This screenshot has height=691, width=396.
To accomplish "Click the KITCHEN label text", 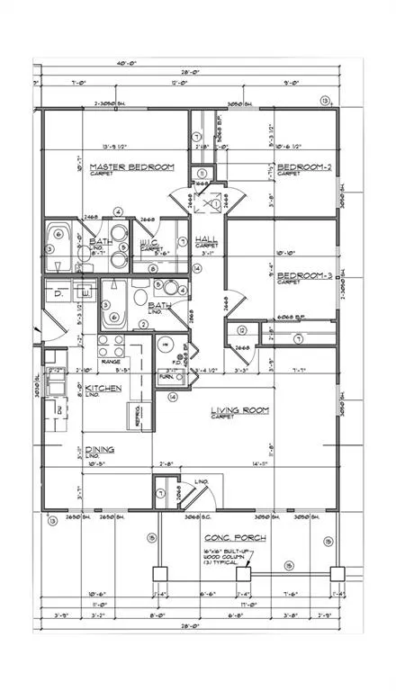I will [103, 388].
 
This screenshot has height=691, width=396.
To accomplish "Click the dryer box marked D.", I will [58, 293].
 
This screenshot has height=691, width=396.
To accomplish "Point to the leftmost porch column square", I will [160, 572].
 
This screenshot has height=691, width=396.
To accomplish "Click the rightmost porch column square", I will [337, 572].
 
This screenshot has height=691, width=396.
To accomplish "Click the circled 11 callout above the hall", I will [202, 173].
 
